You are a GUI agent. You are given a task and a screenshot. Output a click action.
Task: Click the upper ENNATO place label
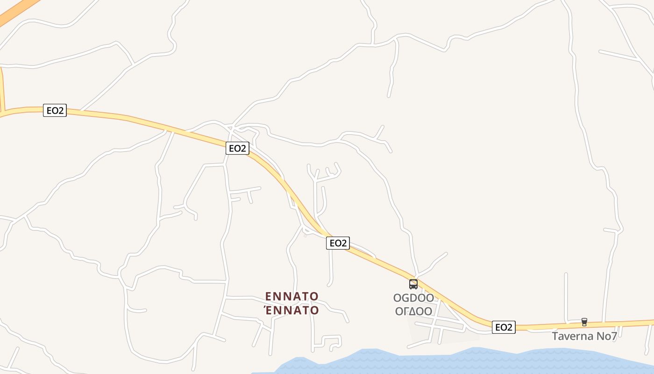tap(291, 296)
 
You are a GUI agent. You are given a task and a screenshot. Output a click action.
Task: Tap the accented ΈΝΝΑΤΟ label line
tap(291, 310)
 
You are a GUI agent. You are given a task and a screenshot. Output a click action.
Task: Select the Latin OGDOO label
tap(413, 298)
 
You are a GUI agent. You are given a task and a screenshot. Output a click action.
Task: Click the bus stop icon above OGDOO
tap(413, 284)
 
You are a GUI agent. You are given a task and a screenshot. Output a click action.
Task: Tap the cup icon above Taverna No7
tap(584, 322)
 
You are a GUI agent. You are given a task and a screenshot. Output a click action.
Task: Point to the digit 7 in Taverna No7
tap(614, 336)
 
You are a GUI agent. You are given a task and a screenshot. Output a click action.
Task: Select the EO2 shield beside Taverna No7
tap(504, 327)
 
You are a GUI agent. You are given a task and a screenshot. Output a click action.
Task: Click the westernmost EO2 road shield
tap(55, 110)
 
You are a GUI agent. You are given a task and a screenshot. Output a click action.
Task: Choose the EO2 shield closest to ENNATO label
tap(338, 243)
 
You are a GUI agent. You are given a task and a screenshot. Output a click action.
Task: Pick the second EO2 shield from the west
tap(237, 148)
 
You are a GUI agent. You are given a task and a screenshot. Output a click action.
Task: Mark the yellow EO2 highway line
tap(140, 120)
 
